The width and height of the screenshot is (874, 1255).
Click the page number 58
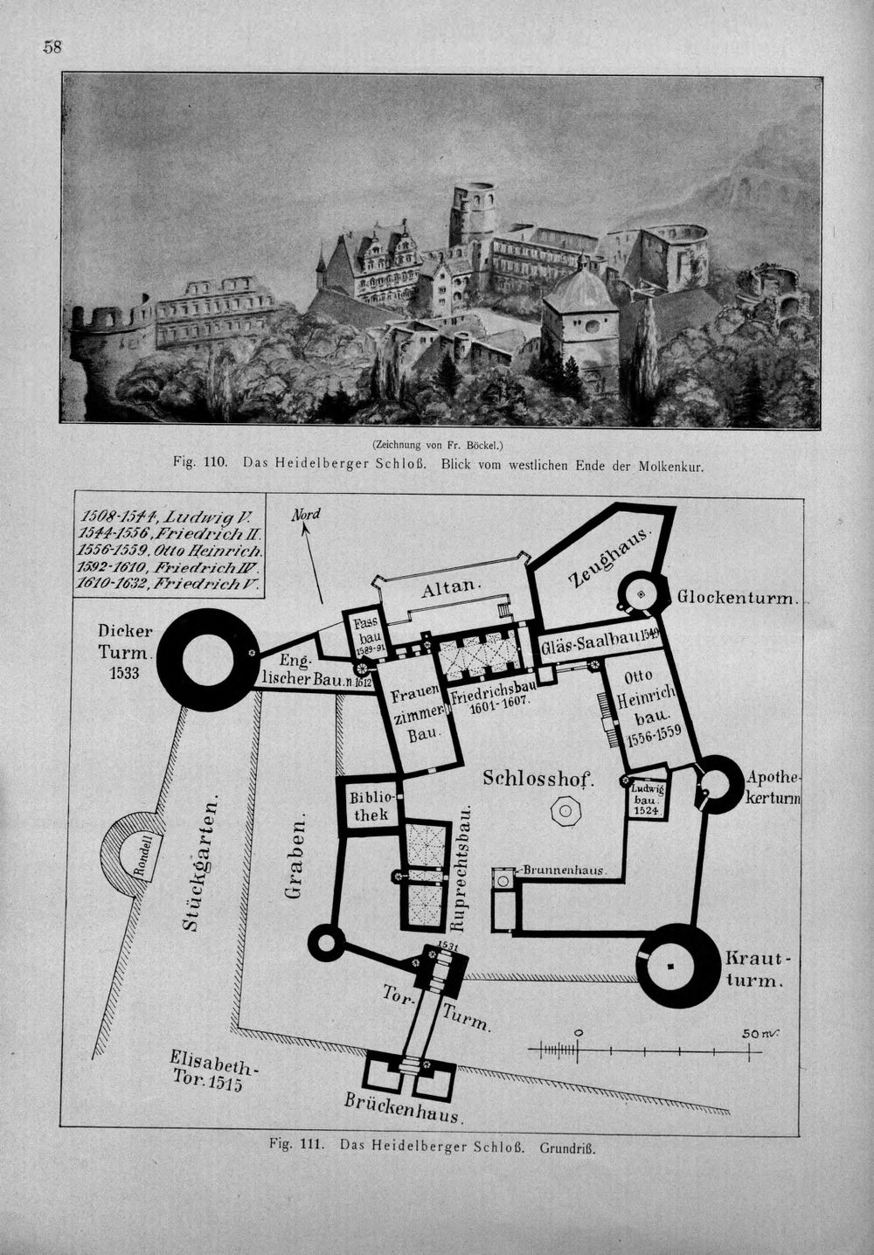tap(52, 47)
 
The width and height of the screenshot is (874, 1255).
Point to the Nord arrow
tap(313, 563)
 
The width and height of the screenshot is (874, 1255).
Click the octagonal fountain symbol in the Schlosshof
tap(565, 810)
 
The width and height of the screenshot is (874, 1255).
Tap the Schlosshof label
tap(538, 778)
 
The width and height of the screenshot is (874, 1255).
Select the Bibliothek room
tap(369, 807)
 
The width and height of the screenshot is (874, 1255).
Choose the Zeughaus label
tap(611, 557)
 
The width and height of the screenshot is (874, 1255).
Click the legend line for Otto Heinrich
tap(169, 550)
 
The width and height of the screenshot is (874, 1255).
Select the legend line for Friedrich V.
tap(167, 583)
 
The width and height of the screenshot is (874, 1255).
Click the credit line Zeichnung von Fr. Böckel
tap(437, 446)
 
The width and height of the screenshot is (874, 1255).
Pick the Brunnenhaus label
tap(563, 870)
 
